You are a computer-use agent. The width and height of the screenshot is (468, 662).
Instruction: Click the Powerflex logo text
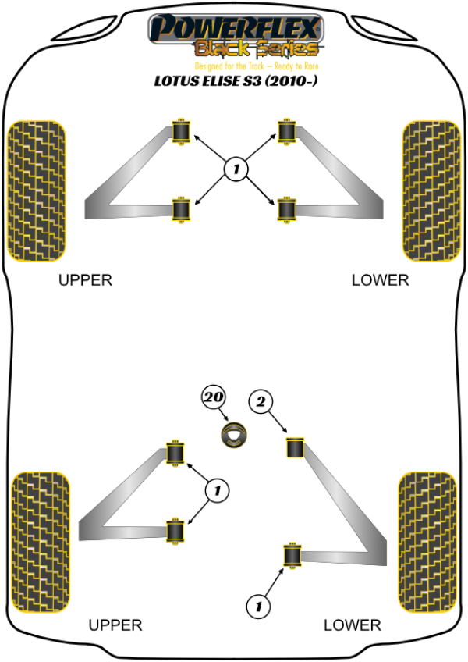234,28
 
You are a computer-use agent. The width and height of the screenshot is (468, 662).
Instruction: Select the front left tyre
35,190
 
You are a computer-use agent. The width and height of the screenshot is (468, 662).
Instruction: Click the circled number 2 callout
261,402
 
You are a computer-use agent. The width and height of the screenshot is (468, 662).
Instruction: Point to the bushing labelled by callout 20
232,435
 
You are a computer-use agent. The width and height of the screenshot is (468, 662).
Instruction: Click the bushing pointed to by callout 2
294,449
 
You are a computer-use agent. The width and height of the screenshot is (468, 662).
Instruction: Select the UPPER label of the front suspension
86,279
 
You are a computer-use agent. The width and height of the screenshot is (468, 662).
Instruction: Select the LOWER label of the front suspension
380,279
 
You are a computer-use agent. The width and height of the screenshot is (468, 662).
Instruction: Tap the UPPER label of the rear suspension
115,625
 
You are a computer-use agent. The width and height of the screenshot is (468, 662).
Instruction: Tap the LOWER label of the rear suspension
353,625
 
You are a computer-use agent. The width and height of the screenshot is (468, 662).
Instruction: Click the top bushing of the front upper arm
182,130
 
